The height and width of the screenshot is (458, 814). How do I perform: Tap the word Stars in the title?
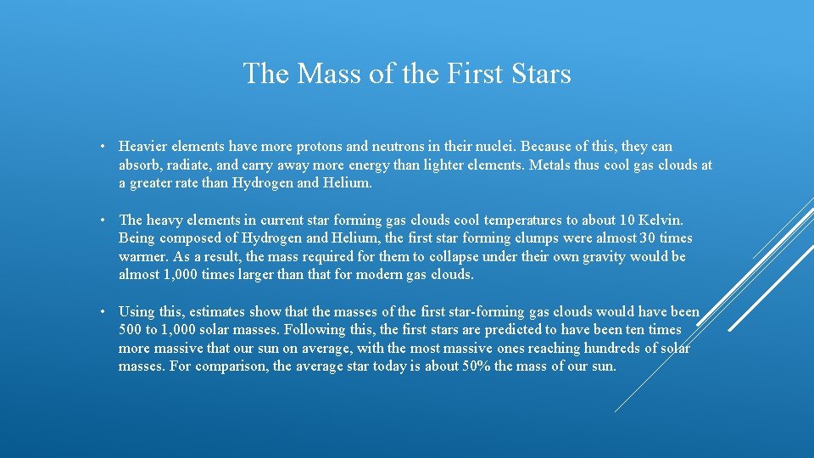(x=541, y=74)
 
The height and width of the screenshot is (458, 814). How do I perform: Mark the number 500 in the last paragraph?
(x=131, y=330)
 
